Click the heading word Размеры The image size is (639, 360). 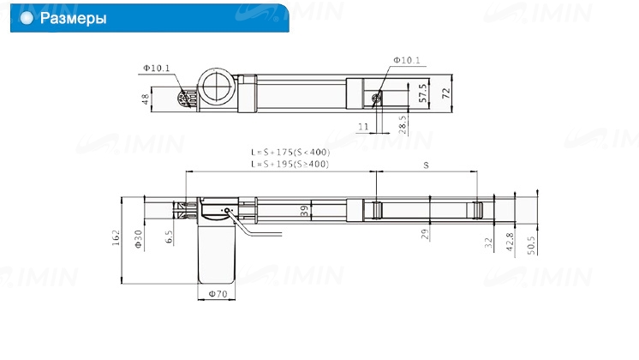pos(73,18)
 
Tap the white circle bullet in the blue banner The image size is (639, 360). pos(27,18)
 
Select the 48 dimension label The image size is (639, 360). pos(146,99)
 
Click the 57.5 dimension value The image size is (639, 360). pos(422,93)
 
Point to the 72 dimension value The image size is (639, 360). pos(446,93)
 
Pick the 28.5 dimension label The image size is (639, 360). pos(403,125)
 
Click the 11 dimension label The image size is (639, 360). pos(363,127)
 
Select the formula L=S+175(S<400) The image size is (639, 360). pos(290,152)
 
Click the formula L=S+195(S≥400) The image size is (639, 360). pos(290,164)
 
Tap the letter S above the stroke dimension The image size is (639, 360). pos(426,165)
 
